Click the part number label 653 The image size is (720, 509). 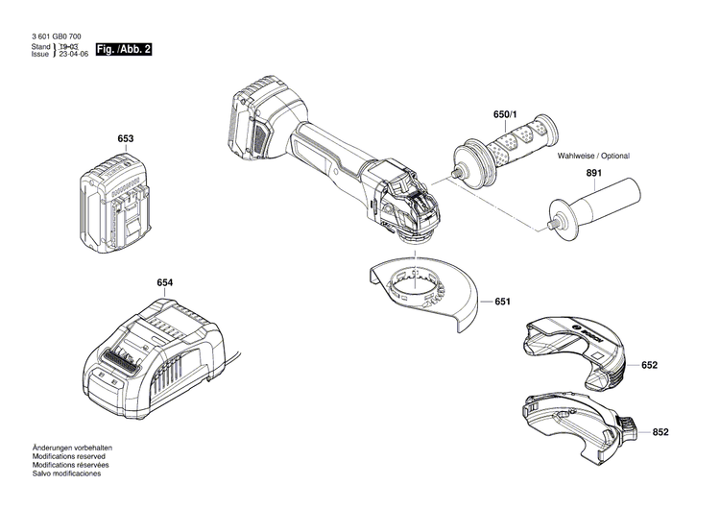tap(125, 139)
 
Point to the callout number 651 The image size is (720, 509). tap(502, 303)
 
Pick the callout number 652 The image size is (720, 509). tap(650, 366)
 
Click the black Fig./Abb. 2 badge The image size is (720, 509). tap(126, 48)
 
